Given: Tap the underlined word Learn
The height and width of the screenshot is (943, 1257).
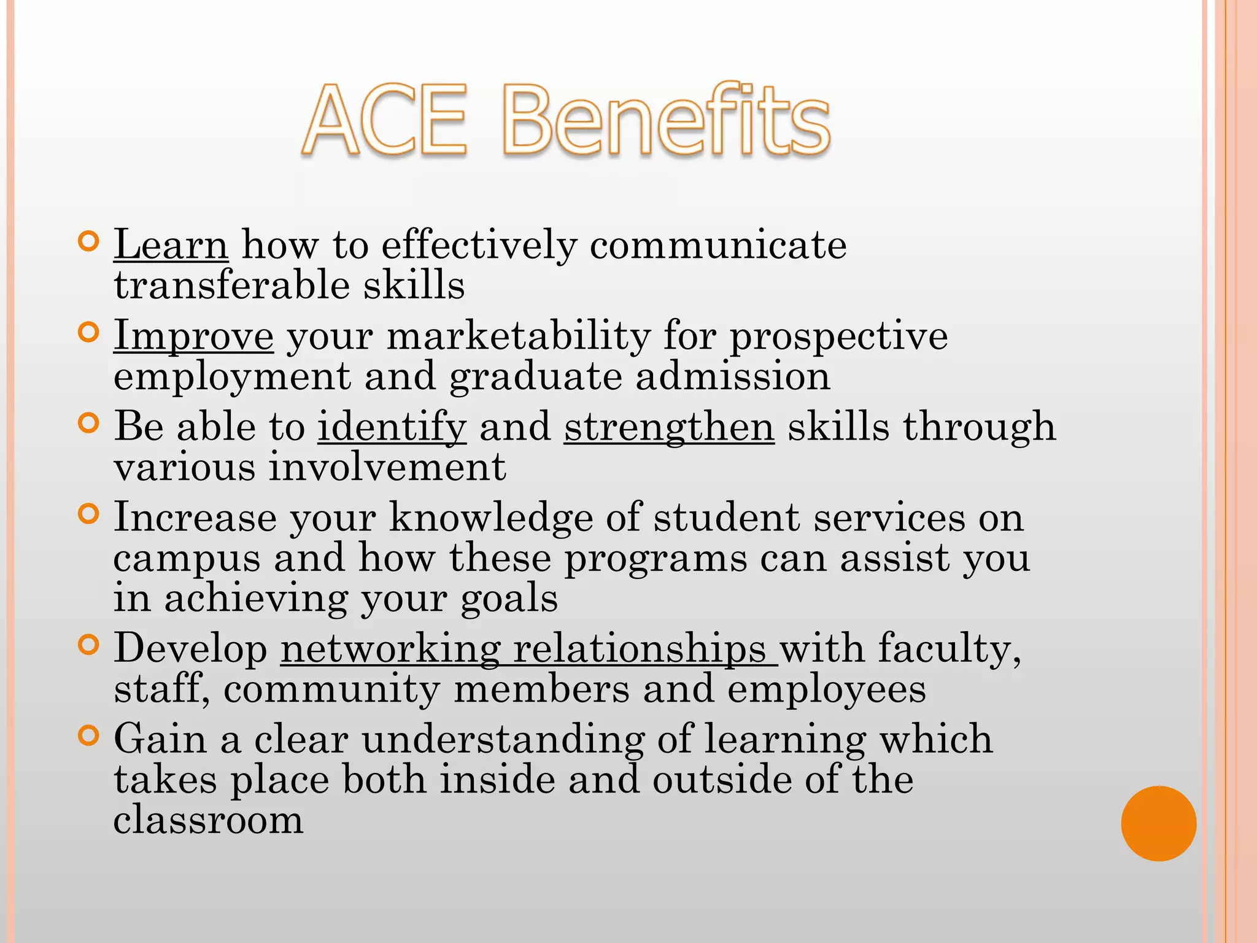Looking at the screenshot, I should [171, 245].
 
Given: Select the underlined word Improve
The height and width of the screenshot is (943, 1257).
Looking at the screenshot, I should [193, 336].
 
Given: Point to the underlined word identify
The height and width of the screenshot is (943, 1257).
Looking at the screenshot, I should [392, 427].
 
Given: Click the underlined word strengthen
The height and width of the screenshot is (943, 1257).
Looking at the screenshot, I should [669, 427].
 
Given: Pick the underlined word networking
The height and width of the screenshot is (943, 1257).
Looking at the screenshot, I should [390, 648].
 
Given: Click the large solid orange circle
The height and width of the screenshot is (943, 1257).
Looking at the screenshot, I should [1158, 823].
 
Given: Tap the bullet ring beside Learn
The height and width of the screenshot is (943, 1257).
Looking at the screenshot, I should [89, 241].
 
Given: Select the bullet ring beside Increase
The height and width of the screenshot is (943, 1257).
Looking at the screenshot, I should [89, 514].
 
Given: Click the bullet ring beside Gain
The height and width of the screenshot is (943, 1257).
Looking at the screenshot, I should [89, 735].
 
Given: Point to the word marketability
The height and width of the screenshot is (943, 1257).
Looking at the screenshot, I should [519, 336].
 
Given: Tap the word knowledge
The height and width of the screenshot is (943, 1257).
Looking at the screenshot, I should [491, 518].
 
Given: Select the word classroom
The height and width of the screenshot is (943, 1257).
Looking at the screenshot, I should [209, 820].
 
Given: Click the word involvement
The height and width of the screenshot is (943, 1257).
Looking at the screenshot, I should [387, 467].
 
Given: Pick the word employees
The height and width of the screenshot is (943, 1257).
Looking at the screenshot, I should [826, 689].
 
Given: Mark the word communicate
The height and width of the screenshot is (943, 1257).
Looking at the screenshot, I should [718, 245].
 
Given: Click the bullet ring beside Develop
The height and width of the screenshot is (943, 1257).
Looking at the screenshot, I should [89, 645].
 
